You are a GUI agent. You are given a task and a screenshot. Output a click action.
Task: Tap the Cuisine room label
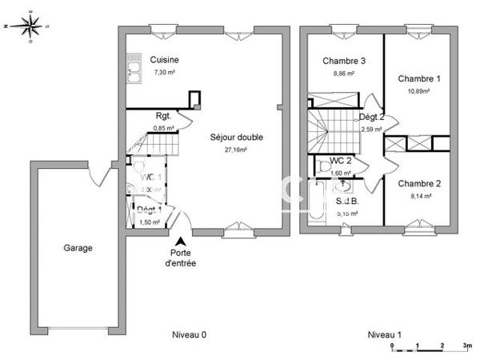[x=164, y=60]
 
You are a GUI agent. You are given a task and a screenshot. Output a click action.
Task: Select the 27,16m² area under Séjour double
[x=236, y=150]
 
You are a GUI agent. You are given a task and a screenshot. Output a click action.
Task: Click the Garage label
[x=78, y=248]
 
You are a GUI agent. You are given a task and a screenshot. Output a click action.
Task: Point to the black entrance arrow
[x=182, y=241]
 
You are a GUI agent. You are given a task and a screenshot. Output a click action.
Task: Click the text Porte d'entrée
[x=181, y=258]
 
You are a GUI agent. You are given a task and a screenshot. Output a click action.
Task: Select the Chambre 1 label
[x=419, y=78]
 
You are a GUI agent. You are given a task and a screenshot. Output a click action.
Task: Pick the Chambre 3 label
[x=344, y=61]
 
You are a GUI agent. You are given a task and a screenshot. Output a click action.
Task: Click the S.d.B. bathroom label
[x=346, y=202]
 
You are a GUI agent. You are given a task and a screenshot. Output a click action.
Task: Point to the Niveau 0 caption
[x=190, y=334]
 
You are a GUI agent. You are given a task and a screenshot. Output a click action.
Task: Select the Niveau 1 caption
[x=384, y=334]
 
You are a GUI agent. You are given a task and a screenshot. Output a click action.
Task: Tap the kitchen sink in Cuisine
[x=133, y=73]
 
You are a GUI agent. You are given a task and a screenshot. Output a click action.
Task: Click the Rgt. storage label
[x=164, y=116]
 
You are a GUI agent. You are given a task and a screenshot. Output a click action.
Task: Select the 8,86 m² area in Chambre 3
[x=344, y=73]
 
